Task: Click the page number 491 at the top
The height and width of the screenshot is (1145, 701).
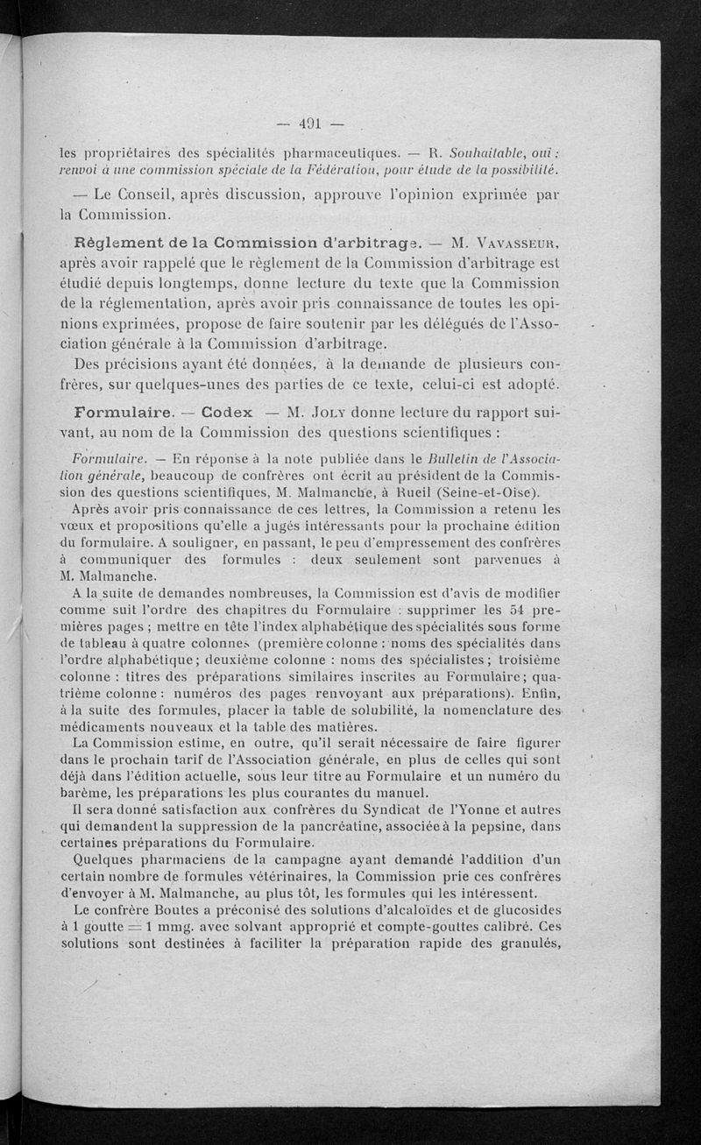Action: (x=311, y=124)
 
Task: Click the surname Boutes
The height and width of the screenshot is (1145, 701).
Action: (x=184, y=910)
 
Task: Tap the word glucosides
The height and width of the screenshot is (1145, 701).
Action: (x=520, y=910)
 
